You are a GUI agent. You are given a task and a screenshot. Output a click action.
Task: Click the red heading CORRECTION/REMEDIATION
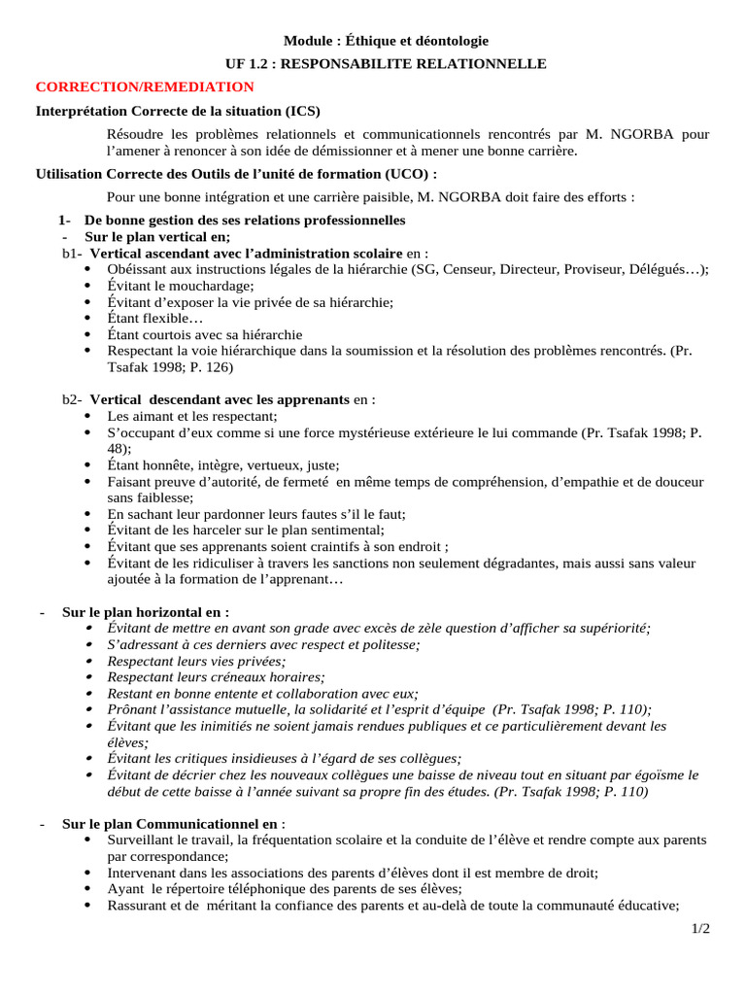(x=138, y=86)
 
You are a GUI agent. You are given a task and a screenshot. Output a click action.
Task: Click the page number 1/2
(x=700, y=928)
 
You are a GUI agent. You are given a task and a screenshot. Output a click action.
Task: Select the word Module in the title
(x=306, y=41)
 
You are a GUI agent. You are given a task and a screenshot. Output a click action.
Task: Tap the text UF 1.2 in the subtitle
(x=248, y=64)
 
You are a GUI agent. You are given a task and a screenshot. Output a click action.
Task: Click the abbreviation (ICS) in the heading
(x=301, y=111)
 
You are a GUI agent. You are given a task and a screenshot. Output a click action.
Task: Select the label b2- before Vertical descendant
(x=73, y=399)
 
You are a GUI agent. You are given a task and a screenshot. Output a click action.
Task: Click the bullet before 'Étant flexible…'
(x=89, y=318)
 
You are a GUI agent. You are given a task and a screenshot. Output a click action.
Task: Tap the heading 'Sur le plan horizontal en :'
(x=146, y=612)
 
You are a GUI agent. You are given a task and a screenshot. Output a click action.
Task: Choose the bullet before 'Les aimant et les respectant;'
(x=89, y=415)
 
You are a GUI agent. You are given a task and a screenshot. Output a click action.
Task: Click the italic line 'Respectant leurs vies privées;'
(x=195, y=661)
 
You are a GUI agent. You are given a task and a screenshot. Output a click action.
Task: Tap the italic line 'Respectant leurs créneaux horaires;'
(x=216, y=677)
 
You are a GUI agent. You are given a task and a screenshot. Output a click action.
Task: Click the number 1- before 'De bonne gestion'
(x=66, y=221)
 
